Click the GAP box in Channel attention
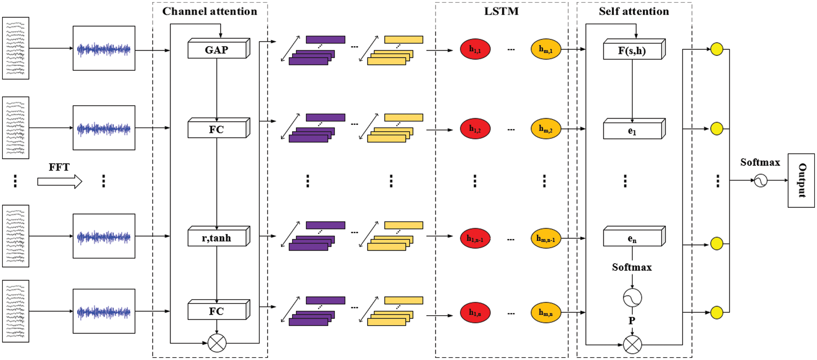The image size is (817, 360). coord(217,50)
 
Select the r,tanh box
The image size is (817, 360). coord(217,238)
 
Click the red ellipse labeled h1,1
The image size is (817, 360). coord(475,49)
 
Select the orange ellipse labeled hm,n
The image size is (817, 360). coord(546,313)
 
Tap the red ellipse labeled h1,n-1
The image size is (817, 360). coord(475,239)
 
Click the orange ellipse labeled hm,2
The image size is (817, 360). coord(546,129)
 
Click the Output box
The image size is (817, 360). coord(801,180)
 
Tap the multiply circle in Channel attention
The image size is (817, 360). coord(217,343)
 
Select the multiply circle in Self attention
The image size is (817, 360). coord(632,344)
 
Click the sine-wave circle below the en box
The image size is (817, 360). coord(632,298)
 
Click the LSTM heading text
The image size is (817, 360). coord(501,11)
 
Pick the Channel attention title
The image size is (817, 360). coord(209,11)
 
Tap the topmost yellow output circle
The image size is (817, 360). coord(717,49)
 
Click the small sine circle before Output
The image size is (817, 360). coord(760,181)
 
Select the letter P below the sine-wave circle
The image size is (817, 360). coord(632,321)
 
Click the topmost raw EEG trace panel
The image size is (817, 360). coord(16,48)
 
